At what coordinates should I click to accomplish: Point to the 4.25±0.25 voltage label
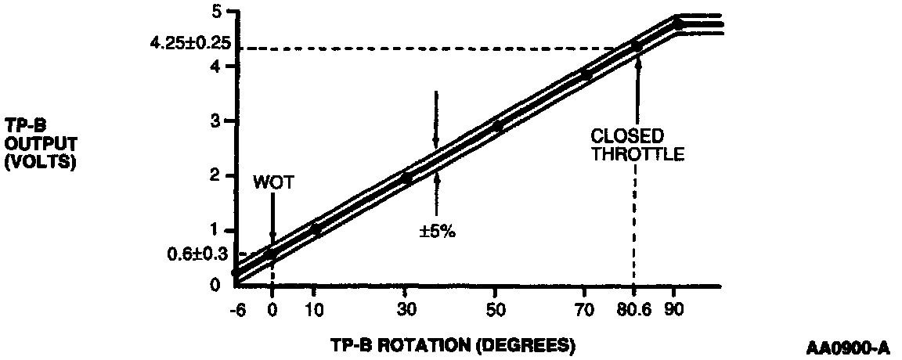click(x=190, y=43)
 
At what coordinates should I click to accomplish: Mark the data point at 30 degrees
click(x=406, y=178)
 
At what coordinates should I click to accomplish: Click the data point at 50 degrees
click(x=496, y=126)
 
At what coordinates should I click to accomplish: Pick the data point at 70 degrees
click(x=586, y=74)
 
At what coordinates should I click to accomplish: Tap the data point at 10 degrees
click(x=316, y=229)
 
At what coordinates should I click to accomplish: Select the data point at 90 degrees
click(x=677, y=24)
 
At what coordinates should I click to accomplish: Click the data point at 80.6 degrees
click(x=636, y=46)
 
